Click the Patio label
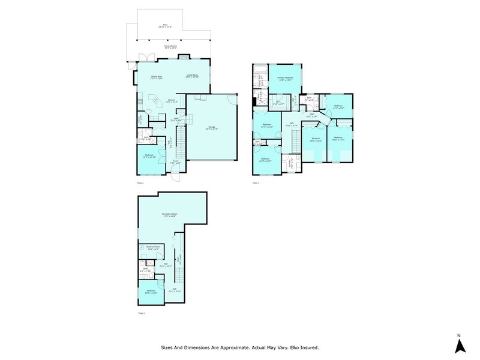point(173,26)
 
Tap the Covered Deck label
point(173,47)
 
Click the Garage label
point(212,128)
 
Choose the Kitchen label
point(171,100)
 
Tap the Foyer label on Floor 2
point(176,162)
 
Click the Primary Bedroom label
point(284,79)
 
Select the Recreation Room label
point(172,215)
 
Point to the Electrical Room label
point(154,247)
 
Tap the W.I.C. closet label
point(278,103)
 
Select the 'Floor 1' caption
point(142,313)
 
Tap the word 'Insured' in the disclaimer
point(308,347)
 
